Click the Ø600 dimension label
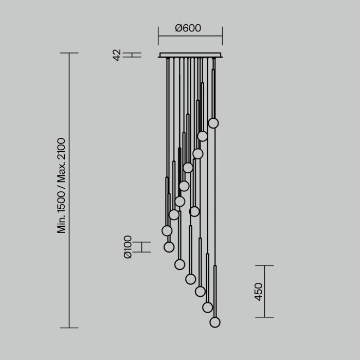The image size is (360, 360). click(x=188, y=28)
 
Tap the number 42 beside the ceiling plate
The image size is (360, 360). click(x=117, y=55)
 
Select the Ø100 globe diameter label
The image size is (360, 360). click(x=128, y=247)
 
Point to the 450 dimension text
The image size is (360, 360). click(x=259, y=292)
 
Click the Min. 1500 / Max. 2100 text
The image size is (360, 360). click(x=61, y=186)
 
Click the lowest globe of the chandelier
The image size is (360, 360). click(x=215, y=322)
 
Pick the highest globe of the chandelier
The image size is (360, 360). click(x=213, y=123)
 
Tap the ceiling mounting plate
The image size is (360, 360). click(x=190, y=55)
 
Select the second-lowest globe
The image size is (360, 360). click(x=208, y=308)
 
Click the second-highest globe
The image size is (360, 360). click(x=203, y=136)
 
